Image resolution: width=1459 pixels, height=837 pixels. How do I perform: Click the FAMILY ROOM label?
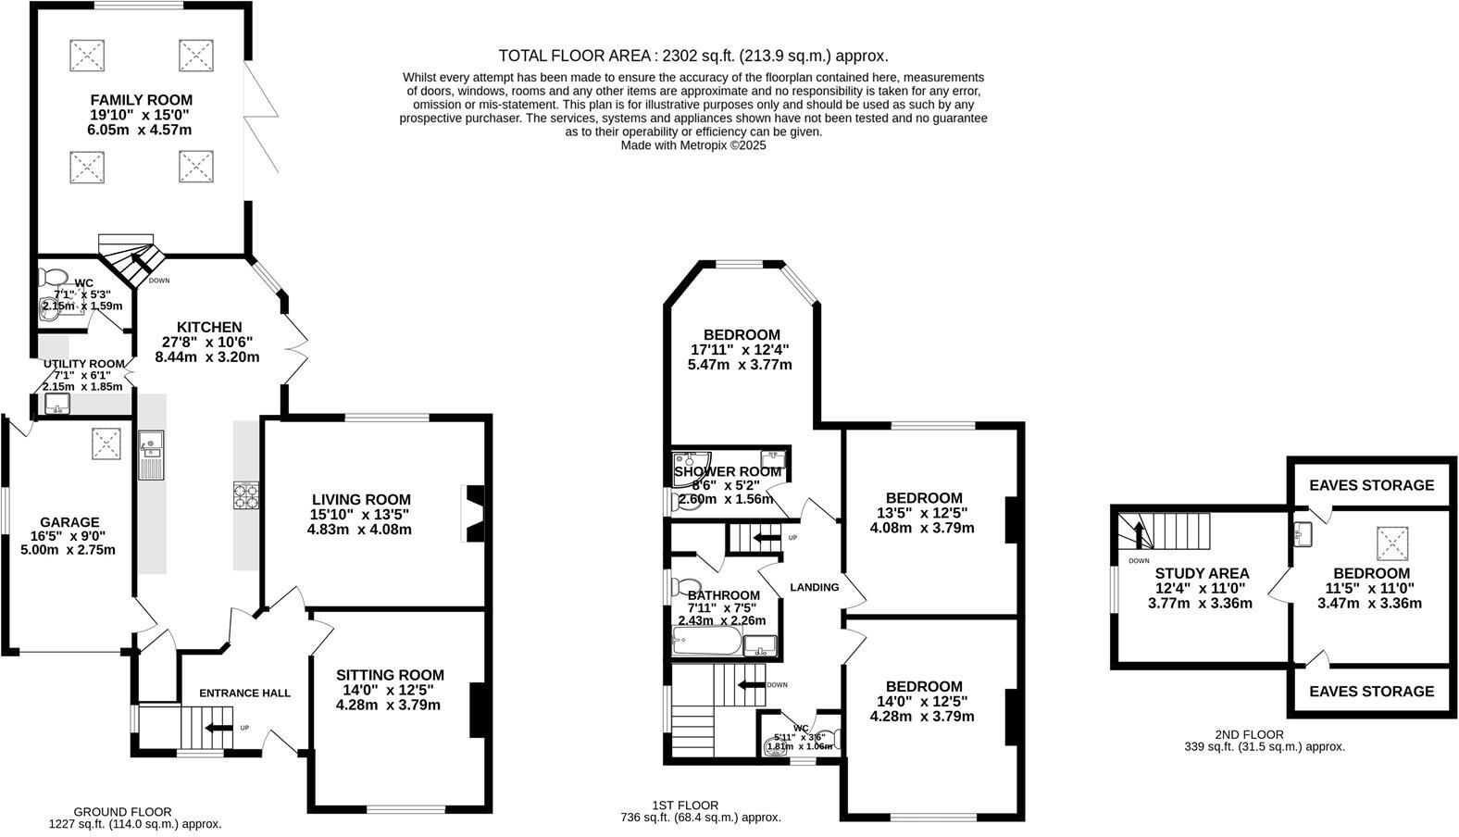point(141,100)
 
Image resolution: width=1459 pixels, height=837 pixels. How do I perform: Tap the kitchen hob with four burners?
point(245,496)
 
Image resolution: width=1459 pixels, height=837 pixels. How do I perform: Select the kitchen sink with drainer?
point(150,456)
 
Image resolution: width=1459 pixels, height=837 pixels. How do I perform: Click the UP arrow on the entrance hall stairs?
point(218,728)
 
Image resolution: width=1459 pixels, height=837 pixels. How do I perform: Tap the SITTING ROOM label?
point(390,675)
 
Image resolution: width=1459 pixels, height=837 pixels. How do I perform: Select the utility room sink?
point(57,404)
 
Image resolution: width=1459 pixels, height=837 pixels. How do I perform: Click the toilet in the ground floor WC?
point(52,277)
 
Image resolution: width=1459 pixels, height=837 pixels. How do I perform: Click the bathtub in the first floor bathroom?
point(707,642)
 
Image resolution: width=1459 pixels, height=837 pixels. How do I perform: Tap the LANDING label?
point(815,587)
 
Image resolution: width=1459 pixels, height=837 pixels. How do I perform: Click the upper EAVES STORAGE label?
point(1371,485)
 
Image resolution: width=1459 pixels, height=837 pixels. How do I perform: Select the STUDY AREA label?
point(1202,573)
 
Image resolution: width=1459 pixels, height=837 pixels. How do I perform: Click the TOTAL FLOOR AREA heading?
point(692,56)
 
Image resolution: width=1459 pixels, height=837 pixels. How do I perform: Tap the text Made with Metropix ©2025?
point(692,145)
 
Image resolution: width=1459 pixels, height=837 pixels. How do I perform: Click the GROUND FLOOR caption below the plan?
point(122,811)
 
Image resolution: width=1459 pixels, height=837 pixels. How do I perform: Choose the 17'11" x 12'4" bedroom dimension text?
point(741,350)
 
